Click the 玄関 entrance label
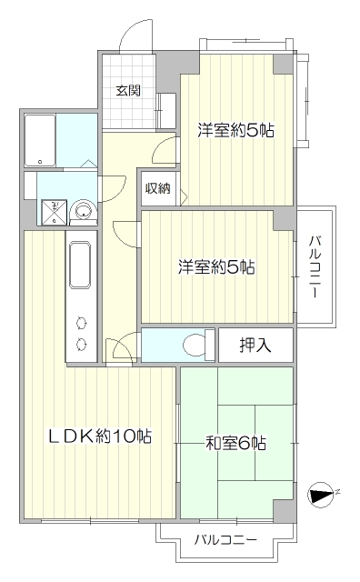coord(128,91)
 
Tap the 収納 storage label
coord(158,188)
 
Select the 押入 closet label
coord(255,346)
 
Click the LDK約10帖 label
coord(101,436)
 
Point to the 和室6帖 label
coord(235,443)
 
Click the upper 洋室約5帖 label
coord(236,130)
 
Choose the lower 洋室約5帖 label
coord(216,266)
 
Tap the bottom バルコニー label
coord(225,539)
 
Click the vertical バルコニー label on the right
coord(315,266)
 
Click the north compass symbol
coord(321,495)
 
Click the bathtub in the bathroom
coord(40,140)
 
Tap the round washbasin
coord(84,210)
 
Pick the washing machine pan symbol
coord(55,213)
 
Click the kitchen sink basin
coord(80,264)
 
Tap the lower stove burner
coord(81,345)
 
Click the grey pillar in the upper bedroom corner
coord(284,64)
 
